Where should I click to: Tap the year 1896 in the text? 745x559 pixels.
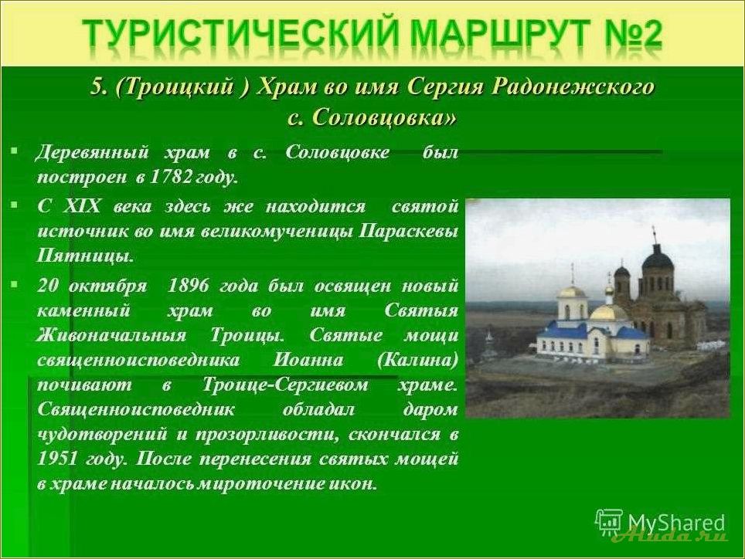[x=189, y=285]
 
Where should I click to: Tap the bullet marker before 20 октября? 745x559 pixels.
[x=14, y=284]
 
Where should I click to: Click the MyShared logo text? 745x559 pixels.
[x=675, y=522]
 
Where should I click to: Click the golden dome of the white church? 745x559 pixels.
[x=610, y=312]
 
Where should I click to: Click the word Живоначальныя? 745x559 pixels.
[x=111, y=335]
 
